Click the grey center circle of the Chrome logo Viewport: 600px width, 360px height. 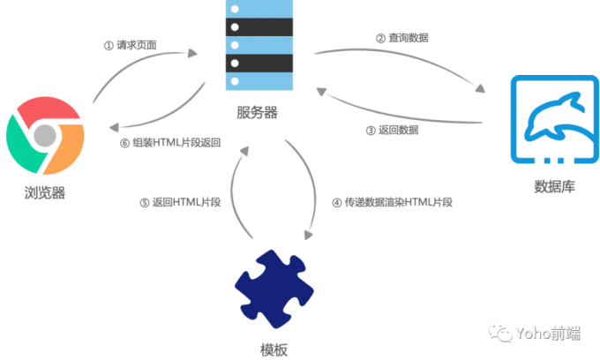pyautogui.click(x=45, y=137)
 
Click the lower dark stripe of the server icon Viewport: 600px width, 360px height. pyautogui.click(x=259, y=63)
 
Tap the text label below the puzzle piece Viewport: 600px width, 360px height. pyautogui.click(x=274, y=348)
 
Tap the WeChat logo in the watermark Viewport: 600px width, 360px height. pyautogui.click(x=500, y=332)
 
